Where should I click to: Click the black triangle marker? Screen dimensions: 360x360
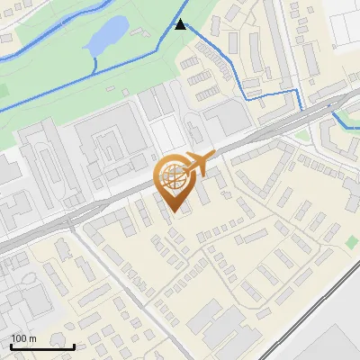181,24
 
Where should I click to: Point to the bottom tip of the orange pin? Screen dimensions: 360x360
175,212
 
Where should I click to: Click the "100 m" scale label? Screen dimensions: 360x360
24,338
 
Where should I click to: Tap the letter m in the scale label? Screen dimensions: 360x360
32,338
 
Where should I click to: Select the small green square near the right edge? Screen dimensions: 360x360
351,243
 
